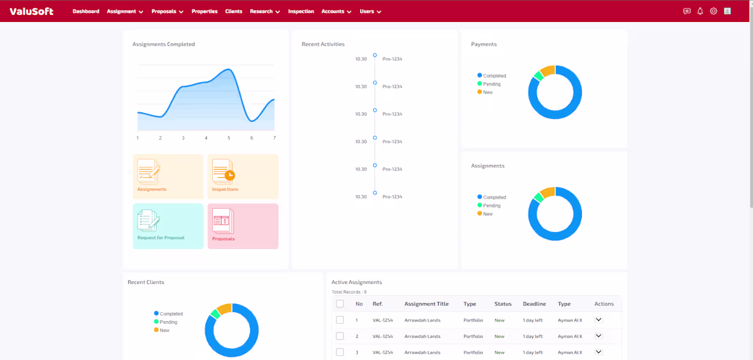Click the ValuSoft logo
31,11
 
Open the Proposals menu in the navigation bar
168,12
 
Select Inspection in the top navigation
301,12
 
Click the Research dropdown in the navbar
265,12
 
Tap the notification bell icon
700,11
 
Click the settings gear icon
713,11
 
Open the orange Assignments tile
168,177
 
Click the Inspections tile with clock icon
243,177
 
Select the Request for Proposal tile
168,226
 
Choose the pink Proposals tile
243,226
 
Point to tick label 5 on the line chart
229,138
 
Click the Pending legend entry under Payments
489,84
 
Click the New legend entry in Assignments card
485,214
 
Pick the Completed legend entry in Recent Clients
168,313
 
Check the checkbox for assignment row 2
340,336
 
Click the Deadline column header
535,304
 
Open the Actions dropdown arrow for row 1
598,320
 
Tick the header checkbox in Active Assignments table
340,304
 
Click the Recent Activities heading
323,44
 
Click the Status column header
503,304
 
